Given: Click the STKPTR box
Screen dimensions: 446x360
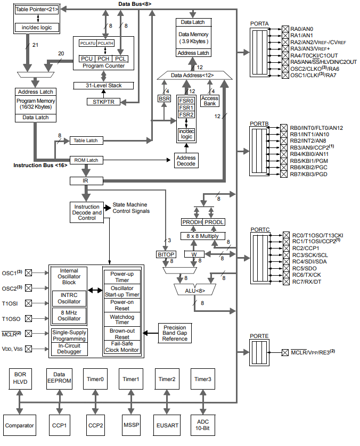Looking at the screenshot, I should [103, 102].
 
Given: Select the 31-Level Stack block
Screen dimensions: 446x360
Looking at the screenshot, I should [103, 86].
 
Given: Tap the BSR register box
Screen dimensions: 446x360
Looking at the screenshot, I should [164, 98].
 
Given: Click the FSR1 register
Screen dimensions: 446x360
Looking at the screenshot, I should [186, 107].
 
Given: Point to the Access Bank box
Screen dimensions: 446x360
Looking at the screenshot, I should [210, 101].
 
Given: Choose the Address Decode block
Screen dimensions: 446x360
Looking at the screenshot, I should [186, 161].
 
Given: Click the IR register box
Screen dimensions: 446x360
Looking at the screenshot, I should [86, 181].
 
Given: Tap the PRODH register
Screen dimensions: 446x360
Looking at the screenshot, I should [192, 222].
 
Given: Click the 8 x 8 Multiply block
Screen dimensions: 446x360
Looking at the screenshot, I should [203, 236].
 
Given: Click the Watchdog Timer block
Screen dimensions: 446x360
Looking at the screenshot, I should [122, 319].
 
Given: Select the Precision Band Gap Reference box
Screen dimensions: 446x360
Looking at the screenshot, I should [175, 333].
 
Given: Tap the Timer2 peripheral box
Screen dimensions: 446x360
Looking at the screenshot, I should [166, 379].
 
